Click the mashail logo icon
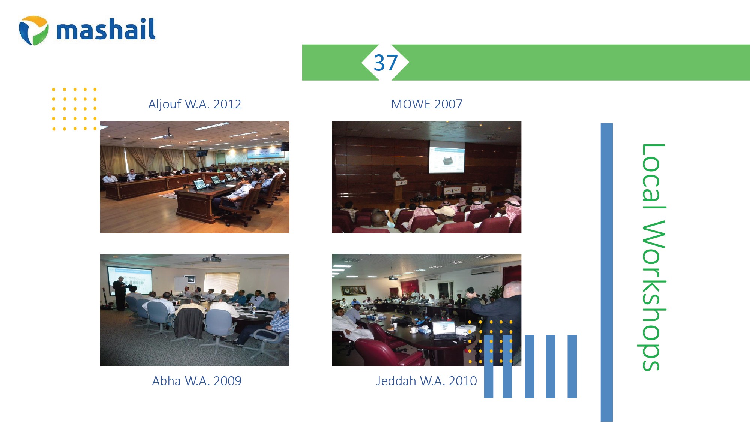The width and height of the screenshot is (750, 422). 34,30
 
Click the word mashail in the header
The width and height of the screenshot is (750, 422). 106,29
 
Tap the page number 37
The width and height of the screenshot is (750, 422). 385,63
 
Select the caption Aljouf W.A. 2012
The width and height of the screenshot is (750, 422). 195,104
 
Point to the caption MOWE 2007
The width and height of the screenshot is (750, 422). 426,104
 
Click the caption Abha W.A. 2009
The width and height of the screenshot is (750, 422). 196,381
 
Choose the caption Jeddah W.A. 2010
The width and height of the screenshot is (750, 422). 426,381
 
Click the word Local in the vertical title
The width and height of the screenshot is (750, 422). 653,177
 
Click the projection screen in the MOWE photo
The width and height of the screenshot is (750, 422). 447,157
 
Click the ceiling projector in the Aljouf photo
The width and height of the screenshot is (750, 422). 168,135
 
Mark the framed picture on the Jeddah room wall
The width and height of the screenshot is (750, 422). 354,290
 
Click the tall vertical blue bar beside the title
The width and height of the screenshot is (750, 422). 606,272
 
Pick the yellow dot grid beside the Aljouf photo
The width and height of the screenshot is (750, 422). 74,109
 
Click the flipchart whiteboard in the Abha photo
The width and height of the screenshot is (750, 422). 181,284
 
